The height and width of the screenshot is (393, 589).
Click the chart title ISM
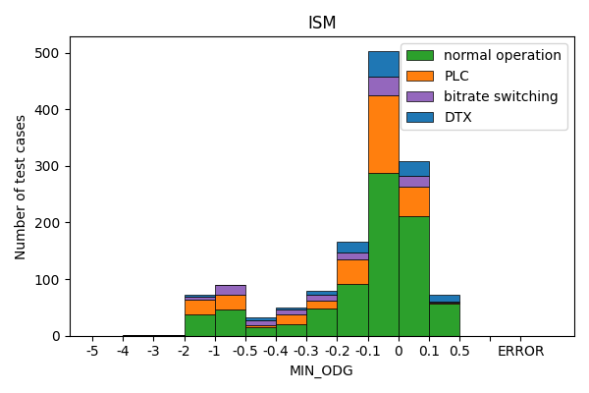[322, 23]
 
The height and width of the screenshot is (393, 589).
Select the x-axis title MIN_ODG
[321, 370]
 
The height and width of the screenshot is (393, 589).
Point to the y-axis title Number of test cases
[21, 187]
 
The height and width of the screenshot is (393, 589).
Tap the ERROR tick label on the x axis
[520, 351]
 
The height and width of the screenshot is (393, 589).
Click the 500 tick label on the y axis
[48, 53]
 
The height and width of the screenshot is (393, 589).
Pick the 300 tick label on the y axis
[48, 166]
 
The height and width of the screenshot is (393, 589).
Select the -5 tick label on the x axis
[92, 351]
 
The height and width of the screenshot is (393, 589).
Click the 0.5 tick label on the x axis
[459, 351]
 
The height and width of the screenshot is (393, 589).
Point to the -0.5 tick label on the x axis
[245, 351]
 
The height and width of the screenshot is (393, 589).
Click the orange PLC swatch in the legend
[421, 76]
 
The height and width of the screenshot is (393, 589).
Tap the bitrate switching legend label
[501, 96]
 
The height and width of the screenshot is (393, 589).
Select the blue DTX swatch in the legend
[421, 117]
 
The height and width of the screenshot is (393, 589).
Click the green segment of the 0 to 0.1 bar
[413, 276]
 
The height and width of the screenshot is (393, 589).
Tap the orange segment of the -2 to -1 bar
[199, 307]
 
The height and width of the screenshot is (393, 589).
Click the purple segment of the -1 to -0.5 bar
[230, 290]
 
